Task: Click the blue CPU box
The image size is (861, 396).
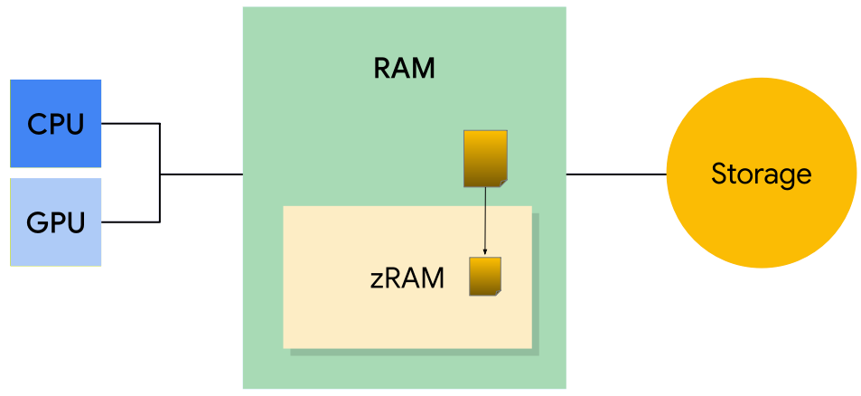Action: tap(55, 124)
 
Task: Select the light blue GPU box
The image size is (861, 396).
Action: tap(55, 222)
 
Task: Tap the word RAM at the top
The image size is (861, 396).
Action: tap(404, 69)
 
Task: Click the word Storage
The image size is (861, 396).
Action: tap(761, 174)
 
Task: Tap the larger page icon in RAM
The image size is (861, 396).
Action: tap(485, 158)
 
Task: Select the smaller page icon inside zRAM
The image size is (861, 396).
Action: tap(484, 277)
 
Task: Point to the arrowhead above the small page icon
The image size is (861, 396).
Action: tap(485, 252)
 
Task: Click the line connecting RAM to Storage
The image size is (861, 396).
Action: tap(615, 173)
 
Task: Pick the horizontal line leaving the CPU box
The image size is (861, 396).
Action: tap(130, 124)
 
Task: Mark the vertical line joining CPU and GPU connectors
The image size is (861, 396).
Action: tap(159, 172)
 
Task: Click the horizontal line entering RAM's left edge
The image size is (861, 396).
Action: tap(201, 173)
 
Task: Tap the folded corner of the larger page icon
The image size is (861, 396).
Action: tap(502, 183)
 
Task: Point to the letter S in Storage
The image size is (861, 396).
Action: tap(719, 174)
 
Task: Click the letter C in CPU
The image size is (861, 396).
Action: tap(37, 124)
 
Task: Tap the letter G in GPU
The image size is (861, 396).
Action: tap(37, 222)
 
